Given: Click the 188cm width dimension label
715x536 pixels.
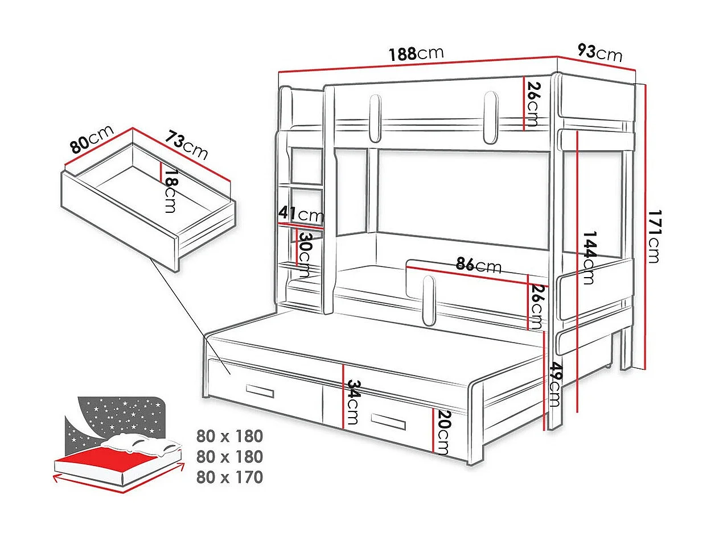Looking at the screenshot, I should click(416, 54).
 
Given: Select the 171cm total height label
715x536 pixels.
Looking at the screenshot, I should click(654, 236).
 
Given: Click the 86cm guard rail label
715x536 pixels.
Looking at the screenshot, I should click(478, 265).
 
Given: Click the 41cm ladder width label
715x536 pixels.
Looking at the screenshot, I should click(301, 215).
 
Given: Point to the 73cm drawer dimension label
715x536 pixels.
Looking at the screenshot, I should click(187, 145).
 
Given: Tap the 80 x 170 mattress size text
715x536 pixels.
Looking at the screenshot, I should click(229, 477).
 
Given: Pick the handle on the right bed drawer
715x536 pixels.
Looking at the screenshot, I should click(388, 421).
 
